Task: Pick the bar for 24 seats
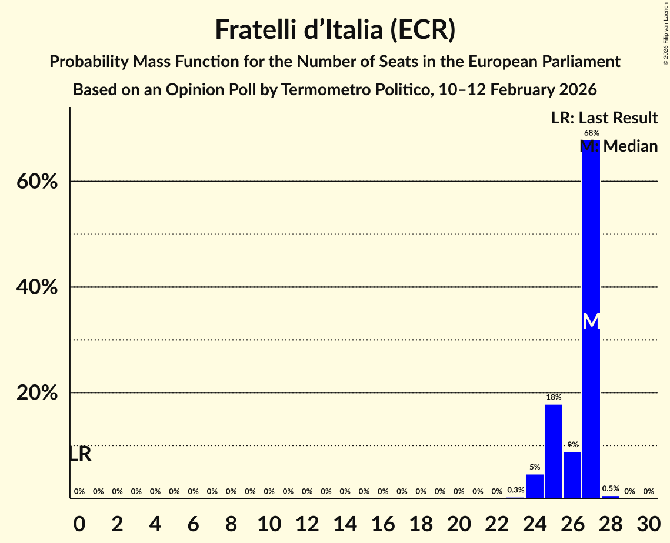click(x=534, y=486)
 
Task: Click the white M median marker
click(x=591, y=321)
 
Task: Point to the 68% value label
click(x=591, y=133)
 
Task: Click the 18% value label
click(x=553, y=397)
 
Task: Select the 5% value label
click(x=534, y=467)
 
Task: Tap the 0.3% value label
click(x=515, y=490)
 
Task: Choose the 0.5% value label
click(x=611, y=488)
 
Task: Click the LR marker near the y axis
click(x=79, y=454)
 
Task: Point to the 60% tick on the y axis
click(x=37, y=182)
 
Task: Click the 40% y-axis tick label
click(x=37, y=287)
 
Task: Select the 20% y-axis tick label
click(x=37, y=393)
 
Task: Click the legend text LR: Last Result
click(x=604, y=118)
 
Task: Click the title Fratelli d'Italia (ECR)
click(x=335, y=29)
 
